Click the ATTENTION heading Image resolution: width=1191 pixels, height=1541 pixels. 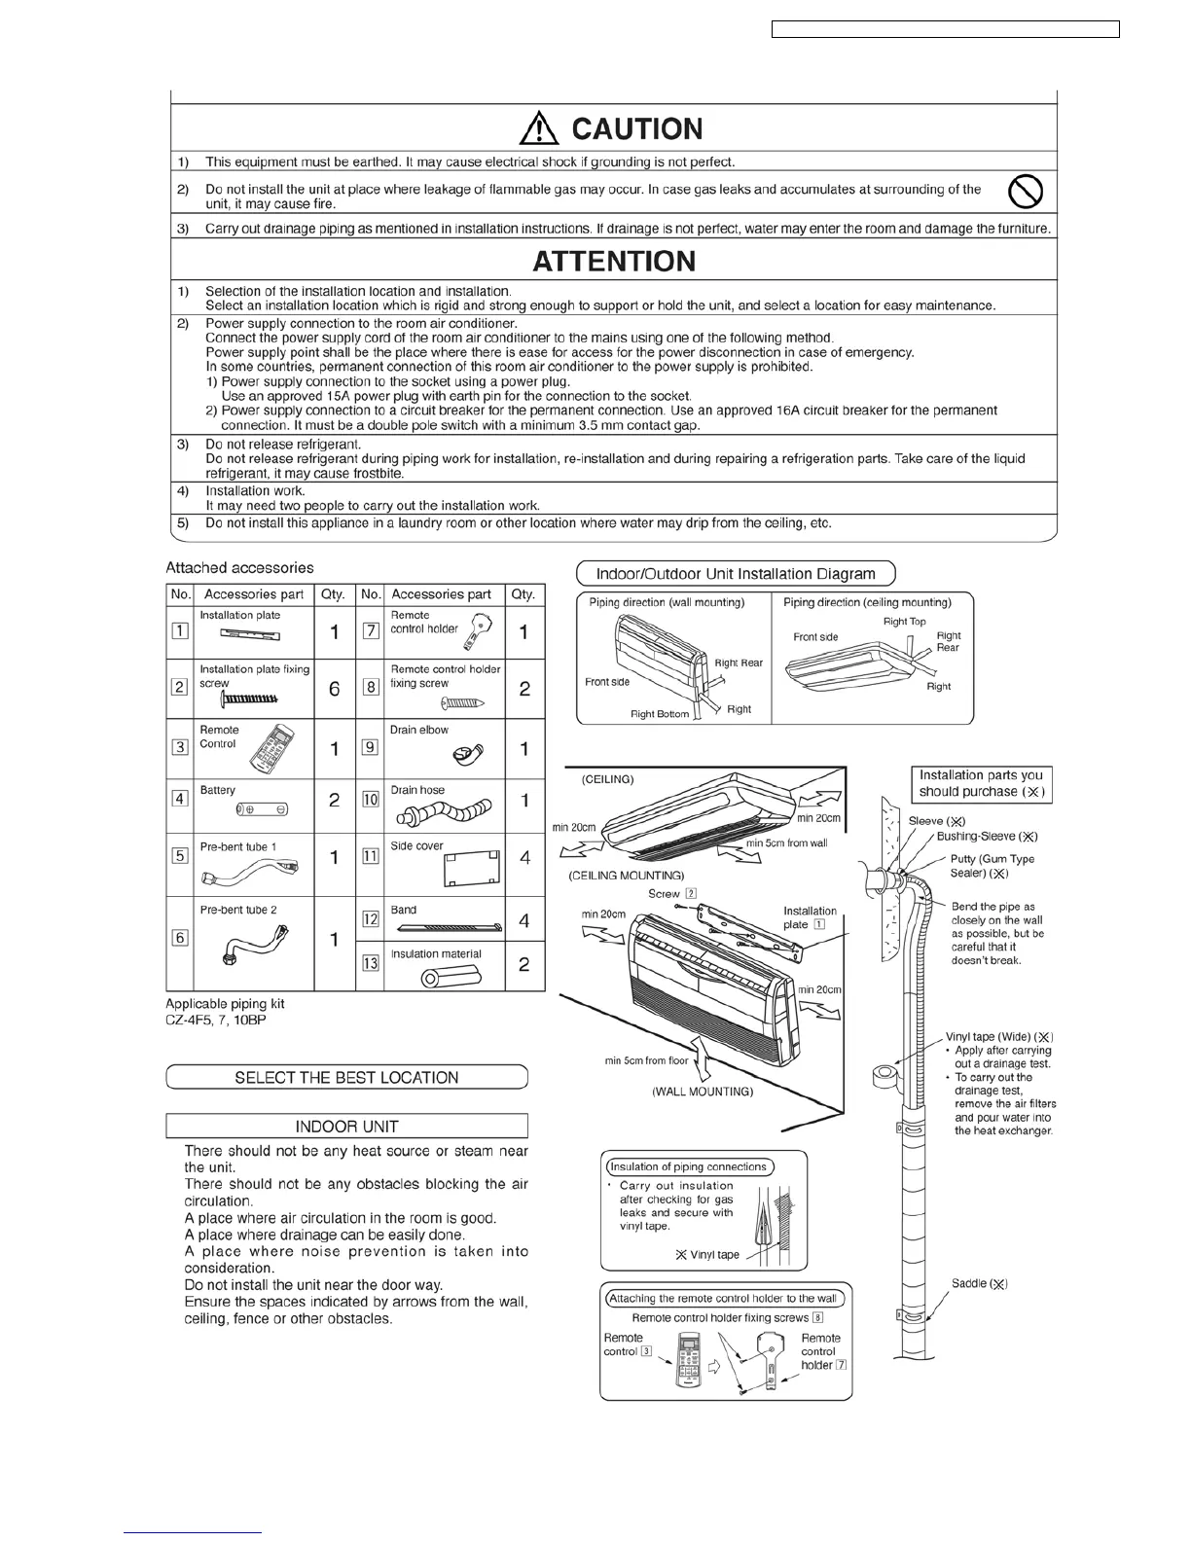coord(614,261)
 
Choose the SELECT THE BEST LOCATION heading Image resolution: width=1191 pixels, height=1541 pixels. coord(346,1077)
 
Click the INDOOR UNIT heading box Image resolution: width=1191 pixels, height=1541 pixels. coord(346,1127)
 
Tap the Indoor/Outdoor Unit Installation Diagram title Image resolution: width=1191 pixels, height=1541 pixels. coord(736,573)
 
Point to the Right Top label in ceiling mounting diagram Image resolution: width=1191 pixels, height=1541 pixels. coord(904,622)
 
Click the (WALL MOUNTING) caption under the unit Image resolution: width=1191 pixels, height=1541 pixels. coord(702,1092)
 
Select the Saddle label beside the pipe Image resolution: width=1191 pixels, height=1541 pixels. coord(979,1284)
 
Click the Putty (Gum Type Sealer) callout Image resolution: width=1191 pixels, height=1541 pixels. coord(992,866)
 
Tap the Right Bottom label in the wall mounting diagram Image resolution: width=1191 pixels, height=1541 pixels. coord(659,714)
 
